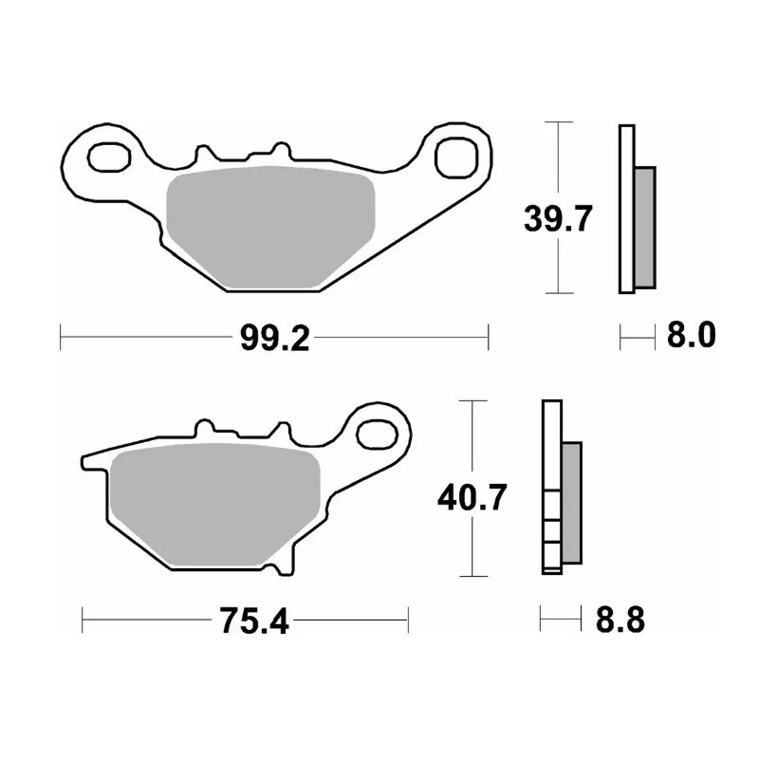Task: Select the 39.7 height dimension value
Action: click(x=559, y=220)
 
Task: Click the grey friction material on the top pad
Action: click(x=270, y=226)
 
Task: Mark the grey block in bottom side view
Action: click(x=572, y=503)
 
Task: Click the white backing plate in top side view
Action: click(x=625, y=209)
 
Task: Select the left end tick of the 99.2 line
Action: click(x=61, y=336)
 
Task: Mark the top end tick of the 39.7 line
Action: click(x=559, y=122)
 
